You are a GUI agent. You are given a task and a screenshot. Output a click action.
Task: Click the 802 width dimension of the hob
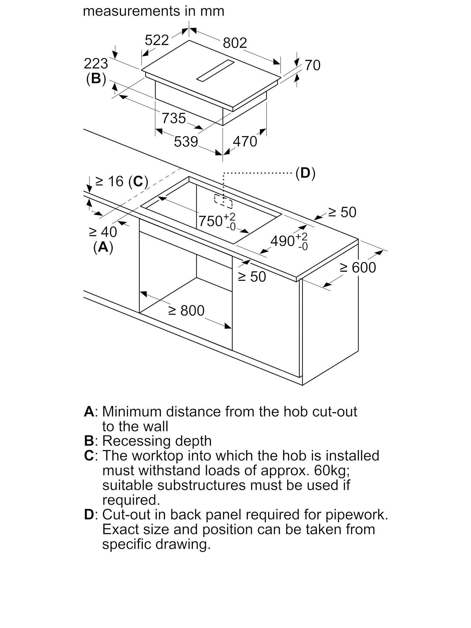[235, 43]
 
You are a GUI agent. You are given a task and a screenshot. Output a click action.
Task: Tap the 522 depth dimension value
[157, 40]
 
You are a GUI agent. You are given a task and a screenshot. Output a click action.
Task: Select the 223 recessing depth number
[96, 64]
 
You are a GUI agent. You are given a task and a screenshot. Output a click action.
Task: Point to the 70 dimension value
[312, 65]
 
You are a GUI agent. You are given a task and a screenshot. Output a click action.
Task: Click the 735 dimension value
[174, 118]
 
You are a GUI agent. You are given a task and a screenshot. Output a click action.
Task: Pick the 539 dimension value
[186, 142]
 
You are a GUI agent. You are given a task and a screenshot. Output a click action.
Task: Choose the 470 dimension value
[245, 142]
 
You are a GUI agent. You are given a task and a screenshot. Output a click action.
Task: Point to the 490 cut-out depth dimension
[289, 241]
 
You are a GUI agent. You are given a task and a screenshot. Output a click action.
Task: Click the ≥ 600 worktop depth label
[358, 268]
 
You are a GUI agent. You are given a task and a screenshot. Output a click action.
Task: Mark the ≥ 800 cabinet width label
[187, 311]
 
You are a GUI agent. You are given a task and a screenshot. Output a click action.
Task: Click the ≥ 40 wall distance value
[103, 232]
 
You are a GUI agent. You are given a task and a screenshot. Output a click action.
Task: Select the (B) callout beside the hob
[96, 79]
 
